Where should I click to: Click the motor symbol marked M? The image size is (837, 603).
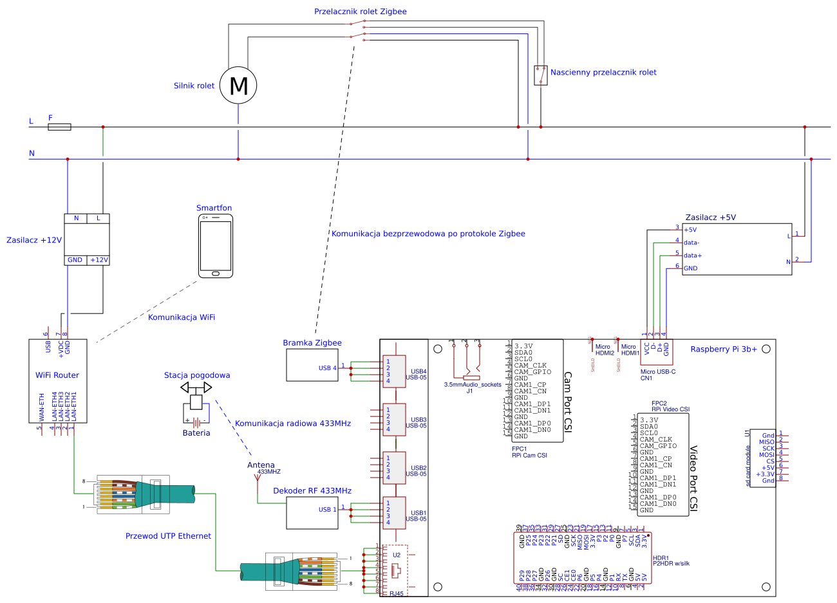point(238,86)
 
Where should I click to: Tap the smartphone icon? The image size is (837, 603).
point(216,246)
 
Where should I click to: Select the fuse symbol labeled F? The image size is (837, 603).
point(59,127)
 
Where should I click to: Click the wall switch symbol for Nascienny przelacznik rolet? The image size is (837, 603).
point(541,75)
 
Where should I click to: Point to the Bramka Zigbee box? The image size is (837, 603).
point(312,365)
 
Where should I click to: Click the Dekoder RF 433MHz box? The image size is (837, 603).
point(312,513)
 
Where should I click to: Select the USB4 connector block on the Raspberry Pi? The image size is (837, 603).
point(394,371)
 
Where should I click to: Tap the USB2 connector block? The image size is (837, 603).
point(394,468)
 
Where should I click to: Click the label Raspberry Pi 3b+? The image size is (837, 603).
point(724,349)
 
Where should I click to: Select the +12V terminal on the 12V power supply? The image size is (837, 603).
point(99,260)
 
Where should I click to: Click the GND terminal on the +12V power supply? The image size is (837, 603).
point(75,260)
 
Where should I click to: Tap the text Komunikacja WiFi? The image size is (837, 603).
point(182,317)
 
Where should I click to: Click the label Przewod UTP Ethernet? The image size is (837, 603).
point(168,536)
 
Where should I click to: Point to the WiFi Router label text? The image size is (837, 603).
point(57,375)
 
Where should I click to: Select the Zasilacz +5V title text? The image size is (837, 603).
point(710,218)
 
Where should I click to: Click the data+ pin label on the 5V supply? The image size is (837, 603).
point(693,255)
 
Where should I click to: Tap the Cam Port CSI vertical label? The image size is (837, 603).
point(568,402)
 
